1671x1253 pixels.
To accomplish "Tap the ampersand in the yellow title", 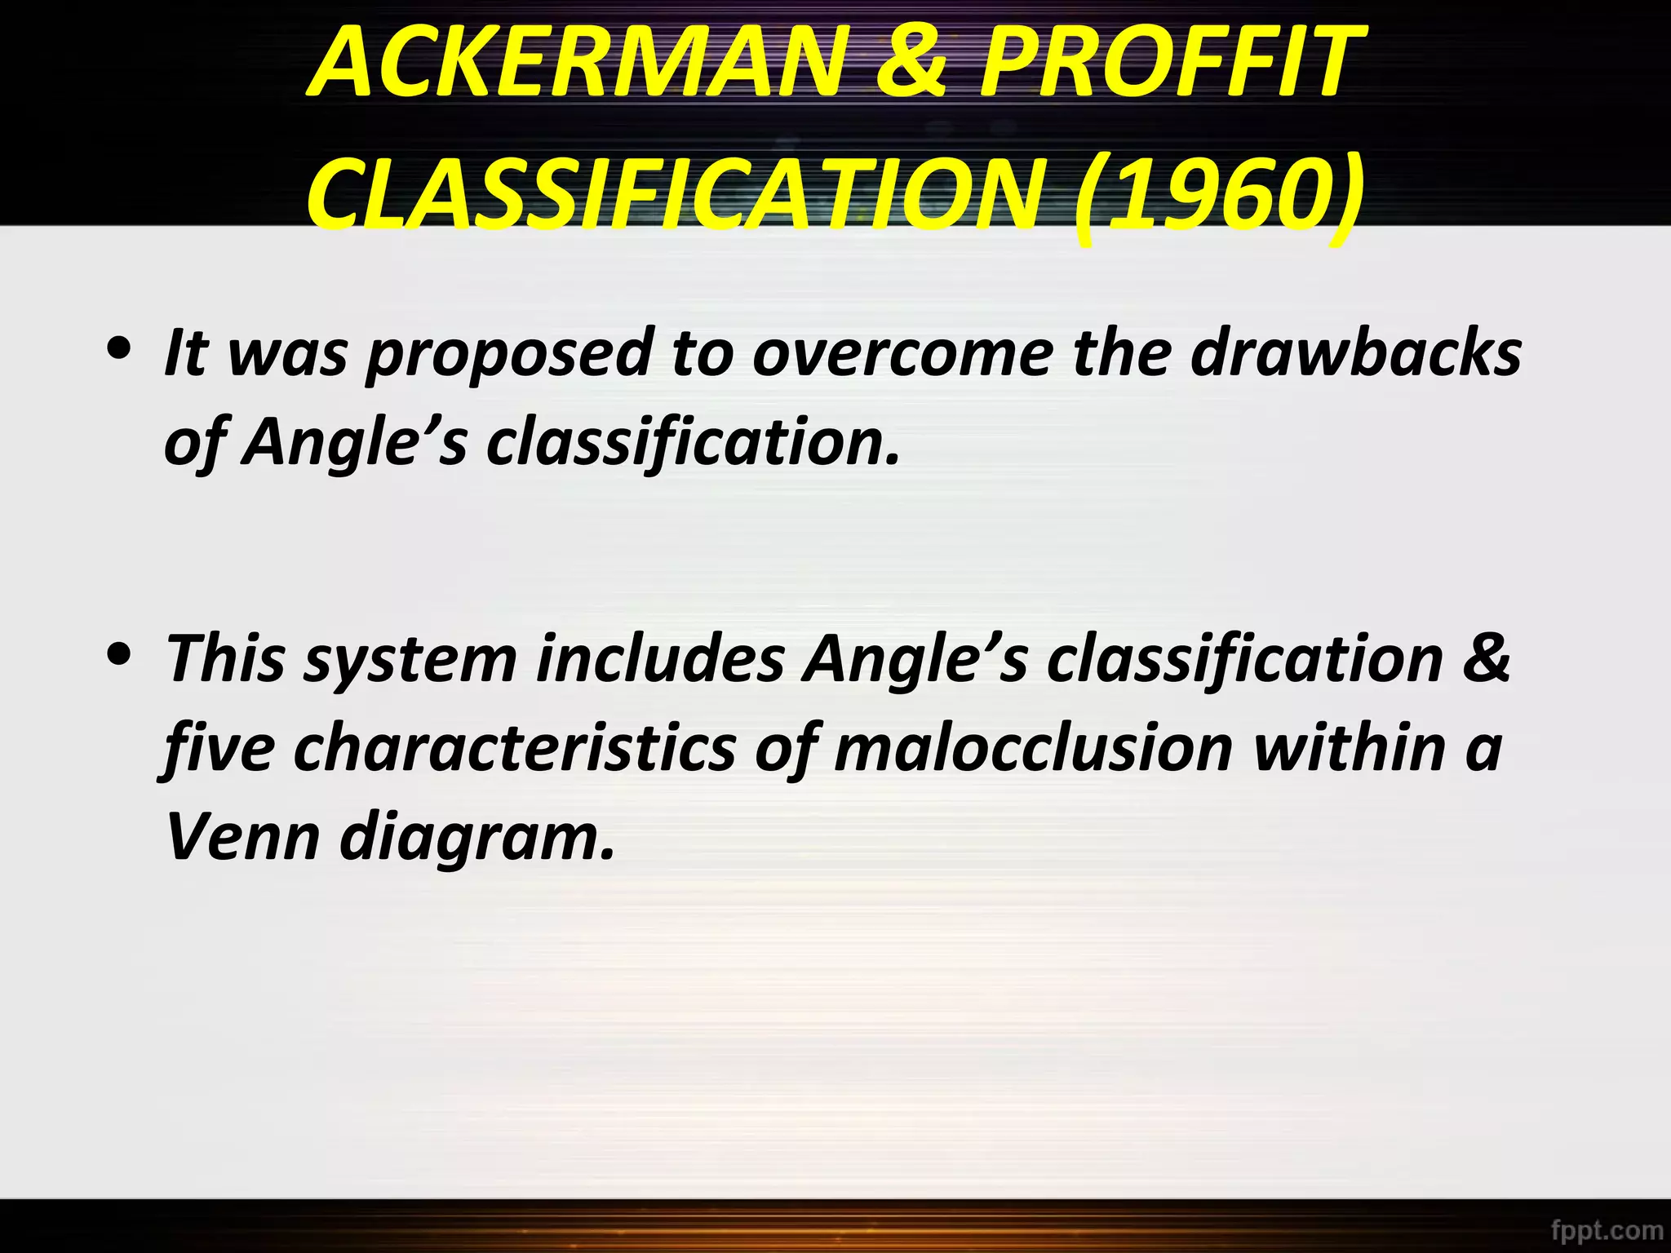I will coord(911,63).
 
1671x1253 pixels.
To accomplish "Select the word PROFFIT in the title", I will coord(1171,63).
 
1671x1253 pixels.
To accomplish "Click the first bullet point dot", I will coord(120,348).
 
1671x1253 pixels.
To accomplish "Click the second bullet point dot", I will coord(120,653).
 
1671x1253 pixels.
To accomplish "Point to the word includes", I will coord(660,659).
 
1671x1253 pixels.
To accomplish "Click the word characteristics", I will coord(515,749).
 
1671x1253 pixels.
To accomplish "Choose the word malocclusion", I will coord(1033,749).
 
